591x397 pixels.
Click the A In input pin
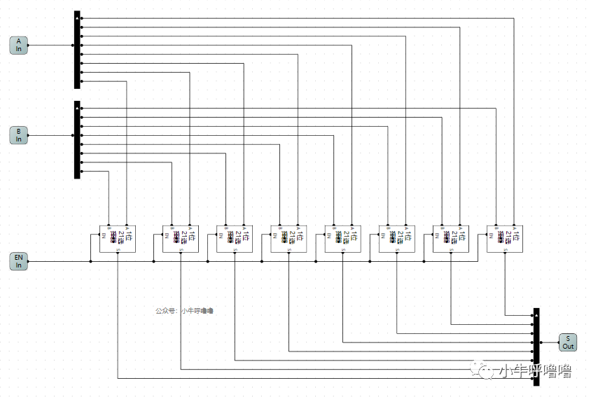point(19,46)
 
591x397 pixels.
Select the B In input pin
point(19,135)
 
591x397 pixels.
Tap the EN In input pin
point(19,262)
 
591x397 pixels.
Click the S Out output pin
point(568,342)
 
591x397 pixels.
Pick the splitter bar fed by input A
point(77,50)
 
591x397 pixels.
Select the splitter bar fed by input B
point(77,139)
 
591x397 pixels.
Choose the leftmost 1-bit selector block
point(117,239)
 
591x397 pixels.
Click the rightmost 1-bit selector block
point(505,239)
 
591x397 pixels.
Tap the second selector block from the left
point(181,239)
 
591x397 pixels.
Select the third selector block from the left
point(235,239)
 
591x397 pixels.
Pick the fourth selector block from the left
point(288,239)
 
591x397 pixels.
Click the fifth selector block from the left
point(342,239)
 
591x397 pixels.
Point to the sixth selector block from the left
point(396,239)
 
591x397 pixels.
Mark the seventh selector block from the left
point(450,239)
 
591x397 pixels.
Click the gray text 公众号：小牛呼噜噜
point(184,310)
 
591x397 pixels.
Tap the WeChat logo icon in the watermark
point(485,371)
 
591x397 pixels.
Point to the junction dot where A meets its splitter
point(74,46)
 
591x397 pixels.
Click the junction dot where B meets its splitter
point(74,135)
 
